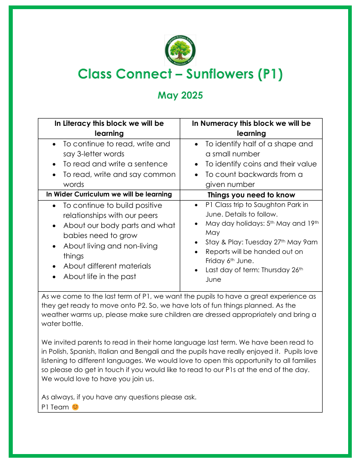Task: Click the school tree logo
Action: tap(180, 51)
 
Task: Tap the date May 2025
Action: tap(180, 95)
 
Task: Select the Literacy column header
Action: tap(109, 128)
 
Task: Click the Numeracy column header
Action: tap(251, 128)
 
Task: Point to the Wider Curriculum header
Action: tap(109, 194)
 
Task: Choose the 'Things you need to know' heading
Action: tap(251, 195)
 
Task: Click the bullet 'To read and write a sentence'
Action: tap(115, 164)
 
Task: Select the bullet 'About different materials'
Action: tap(107, 266)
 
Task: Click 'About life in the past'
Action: tap(99, 276)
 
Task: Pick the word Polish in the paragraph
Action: tap(58, 351)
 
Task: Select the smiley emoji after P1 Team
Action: tap(75, 407)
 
